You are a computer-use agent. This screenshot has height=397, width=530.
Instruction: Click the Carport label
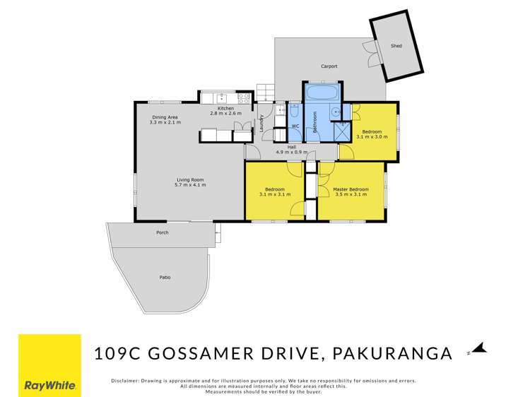pyautogui.click(x=329, y=66)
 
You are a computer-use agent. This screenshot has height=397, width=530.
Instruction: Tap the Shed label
pyautogui.click(x=396, y=46)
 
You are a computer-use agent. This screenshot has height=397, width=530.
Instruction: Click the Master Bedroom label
pyautogui.click(x=351, y=189)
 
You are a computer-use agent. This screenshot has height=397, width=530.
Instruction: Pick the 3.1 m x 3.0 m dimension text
pyautogui.click(x=372, y=137)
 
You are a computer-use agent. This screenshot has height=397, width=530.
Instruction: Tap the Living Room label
pyautogui.click(x=191, y=180)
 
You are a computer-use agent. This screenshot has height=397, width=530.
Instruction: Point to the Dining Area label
pyautogui.click(x=165, y=117)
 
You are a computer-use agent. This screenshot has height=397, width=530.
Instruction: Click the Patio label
pyautogui.click(x=165, y=278)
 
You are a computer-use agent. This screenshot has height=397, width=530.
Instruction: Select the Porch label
pyautogui.click(x=163, y=232)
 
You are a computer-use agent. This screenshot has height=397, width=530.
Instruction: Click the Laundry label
pyautogui.click(x=262, y=124)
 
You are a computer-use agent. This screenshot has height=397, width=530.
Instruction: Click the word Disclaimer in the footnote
pyautogui.click(x=126, y=381)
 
